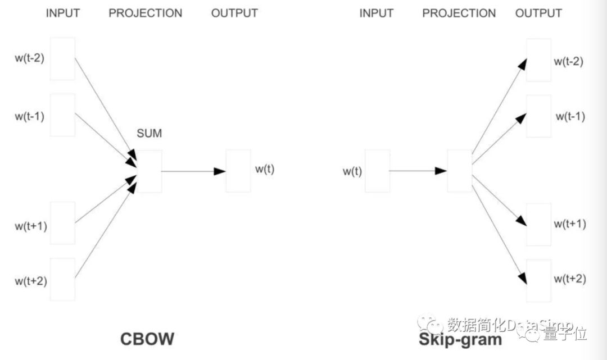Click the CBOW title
147,339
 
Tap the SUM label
149,134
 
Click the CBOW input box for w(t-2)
62,58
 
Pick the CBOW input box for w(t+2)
62,279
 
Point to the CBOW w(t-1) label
30,116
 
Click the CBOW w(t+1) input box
62,223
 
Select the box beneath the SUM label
150,171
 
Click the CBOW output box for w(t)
238,171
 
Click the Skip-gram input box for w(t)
377,171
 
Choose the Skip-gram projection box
460,171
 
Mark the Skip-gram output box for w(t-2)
538,60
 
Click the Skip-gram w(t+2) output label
570,279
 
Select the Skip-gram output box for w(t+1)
538,224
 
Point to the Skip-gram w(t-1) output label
570,116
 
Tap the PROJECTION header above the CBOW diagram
146,13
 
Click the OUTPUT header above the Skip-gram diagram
538,13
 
